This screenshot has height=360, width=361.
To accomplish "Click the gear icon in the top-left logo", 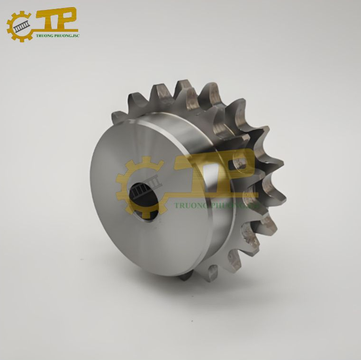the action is coord(20,27).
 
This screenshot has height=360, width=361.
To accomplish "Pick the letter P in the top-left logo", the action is coord(67,18).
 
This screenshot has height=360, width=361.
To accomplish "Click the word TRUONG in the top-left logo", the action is coord(44,36).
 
